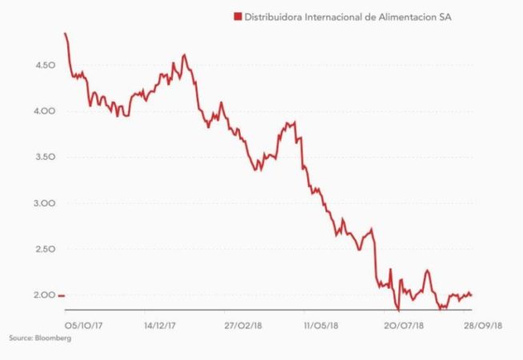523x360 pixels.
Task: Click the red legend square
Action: point(237,16)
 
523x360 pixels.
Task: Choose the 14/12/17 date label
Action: point(161,326)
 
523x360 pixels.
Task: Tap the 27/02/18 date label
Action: point(242,326)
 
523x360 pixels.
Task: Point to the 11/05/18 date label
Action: point(321,326)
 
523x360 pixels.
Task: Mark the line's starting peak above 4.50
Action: point(65,34)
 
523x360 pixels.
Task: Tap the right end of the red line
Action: point(471,295)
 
